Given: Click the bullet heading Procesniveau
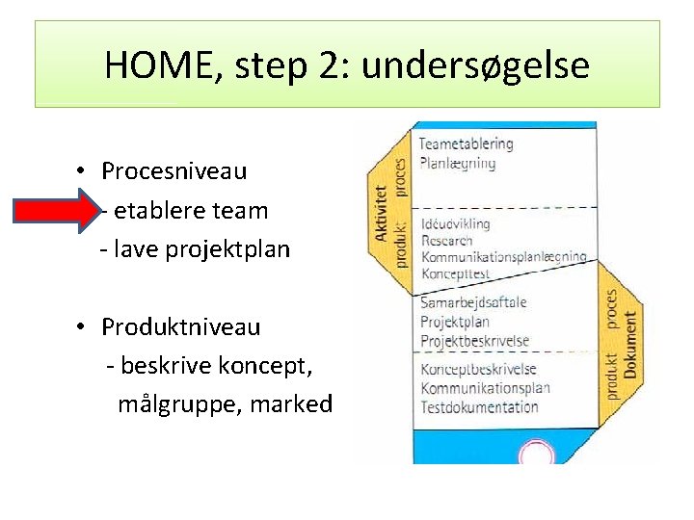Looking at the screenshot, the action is [173, 171].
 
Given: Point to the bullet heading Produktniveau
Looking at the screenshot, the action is [180, 326].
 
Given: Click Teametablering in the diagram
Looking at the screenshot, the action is [466, 144].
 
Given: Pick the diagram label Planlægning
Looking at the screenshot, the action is [457, 163].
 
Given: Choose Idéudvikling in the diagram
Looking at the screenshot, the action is [455, 223].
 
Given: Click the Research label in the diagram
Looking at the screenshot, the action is [446, 240].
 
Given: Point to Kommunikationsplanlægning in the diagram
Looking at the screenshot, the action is [503, 257].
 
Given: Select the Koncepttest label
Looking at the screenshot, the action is [455, 273].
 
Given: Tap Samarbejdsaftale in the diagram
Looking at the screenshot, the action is [473, 301].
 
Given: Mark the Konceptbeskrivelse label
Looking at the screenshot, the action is [478, 369].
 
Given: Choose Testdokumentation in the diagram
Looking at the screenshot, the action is [479, 406].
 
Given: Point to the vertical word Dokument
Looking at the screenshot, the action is [630, 344].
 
